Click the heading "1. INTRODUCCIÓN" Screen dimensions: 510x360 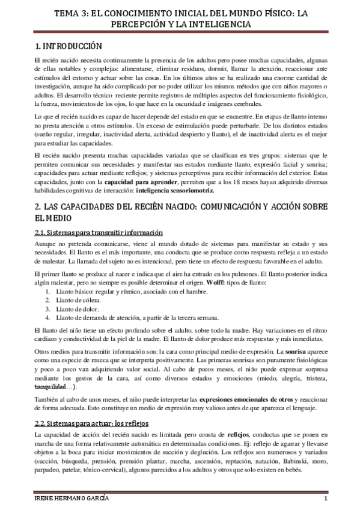pyautogui.click(x=67, y=46)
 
